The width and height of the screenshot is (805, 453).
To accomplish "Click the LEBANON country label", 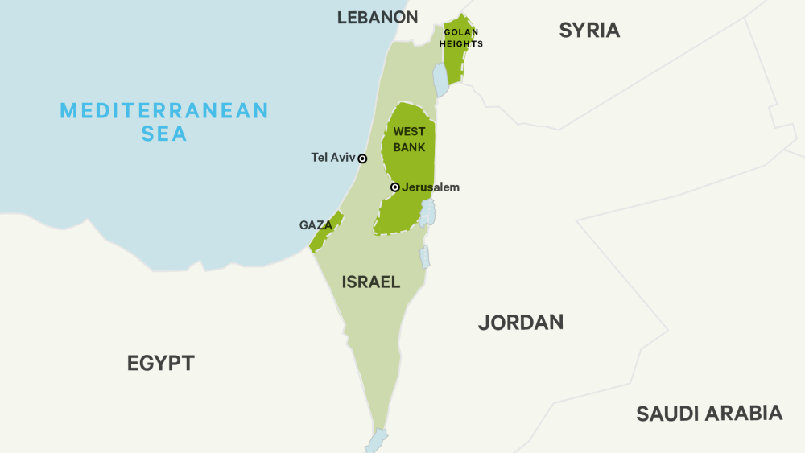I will pyautogui.click(x=378, y=18).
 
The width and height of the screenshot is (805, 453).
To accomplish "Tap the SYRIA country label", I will pyautogui.click(x=589, y=31).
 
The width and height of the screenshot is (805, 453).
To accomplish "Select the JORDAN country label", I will pyautogui.click(x=520, y=323).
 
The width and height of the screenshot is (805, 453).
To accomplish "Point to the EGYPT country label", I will pyautogui.click(x=161, y=363).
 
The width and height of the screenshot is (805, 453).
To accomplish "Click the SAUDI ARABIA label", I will pyautogui.click(x=708, y=414).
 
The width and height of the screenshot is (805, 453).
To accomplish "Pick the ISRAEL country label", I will pyautogui.click(x=371, y=282).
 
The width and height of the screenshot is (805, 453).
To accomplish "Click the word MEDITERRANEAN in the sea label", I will pyautogui.click(x=164, y=110).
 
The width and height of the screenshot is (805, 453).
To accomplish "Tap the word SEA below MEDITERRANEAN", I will pyautogui.click(x=164, y=134).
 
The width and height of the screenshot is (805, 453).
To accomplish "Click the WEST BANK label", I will pyautogui.click(x=409, y=139).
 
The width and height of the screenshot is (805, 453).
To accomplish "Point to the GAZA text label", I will pyautogui.click(x=316, y=225).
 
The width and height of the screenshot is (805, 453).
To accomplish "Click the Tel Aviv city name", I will pyautogui.click(x=332, y=158).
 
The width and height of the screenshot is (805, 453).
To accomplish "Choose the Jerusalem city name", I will pyautogui.click(x=431, y=187).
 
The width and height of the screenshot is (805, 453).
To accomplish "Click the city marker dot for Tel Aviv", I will pyautogui.click(x=362, y=159).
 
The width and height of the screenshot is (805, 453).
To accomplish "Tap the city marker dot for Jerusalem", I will pyautogui.click(x=394, y=187).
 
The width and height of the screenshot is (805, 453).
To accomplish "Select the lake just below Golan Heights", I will pyautogui.click(x=440, y=80).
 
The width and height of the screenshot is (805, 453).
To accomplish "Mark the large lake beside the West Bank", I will pyautogui.click(x=427, y=212).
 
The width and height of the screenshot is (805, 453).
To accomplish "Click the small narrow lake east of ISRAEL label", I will pyautogui.click(x=424, y=256).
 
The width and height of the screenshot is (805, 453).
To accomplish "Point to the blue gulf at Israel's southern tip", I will pyautogui.click(x=376, y=441).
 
